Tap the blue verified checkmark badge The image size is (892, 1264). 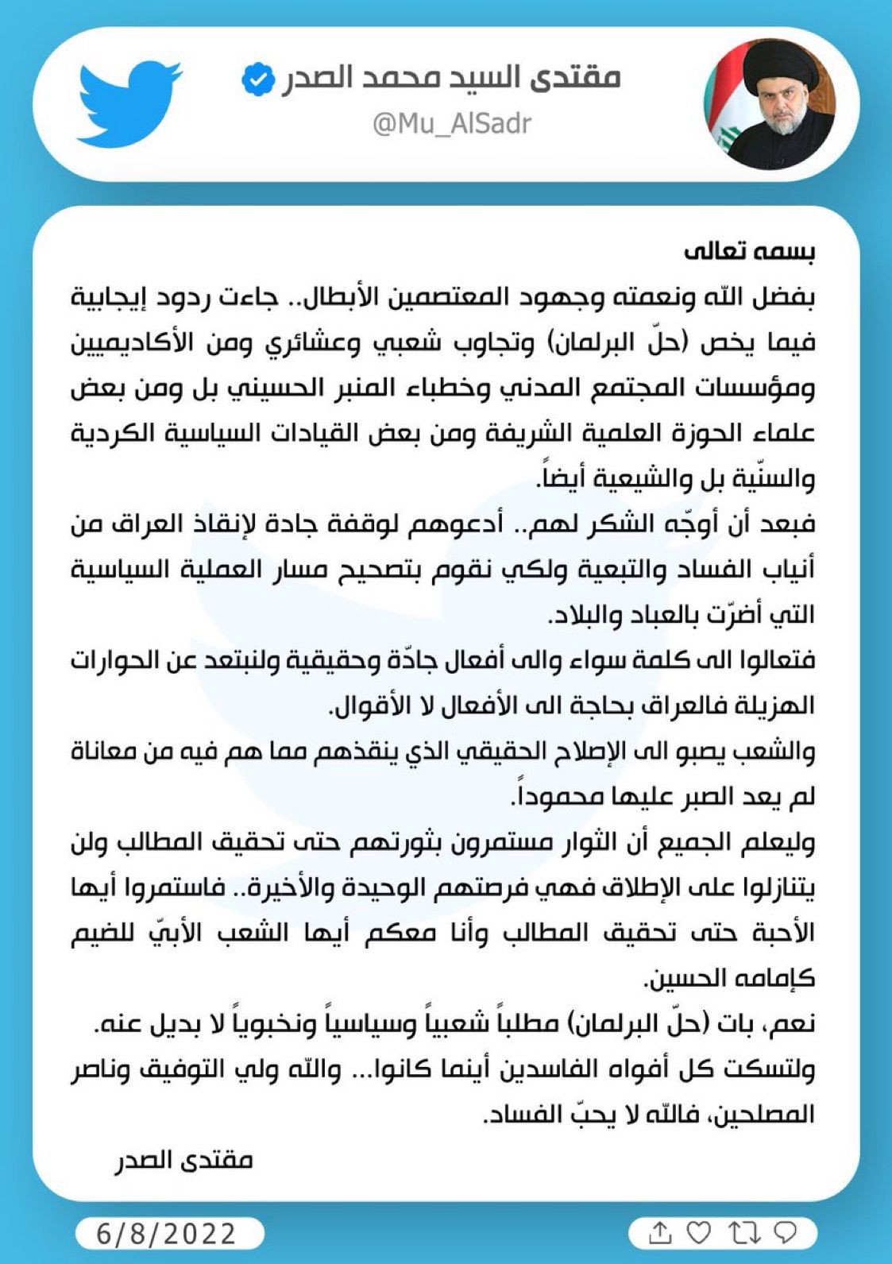[257, 79]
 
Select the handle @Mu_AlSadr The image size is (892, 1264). [451, 123]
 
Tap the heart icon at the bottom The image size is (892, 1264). [698, 1233]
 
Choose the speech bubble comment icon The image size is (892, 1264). [785, 1233]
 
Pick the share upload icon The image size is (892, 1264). [659, 1233]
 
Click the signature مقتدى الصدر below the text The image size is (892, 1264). [183, 1159]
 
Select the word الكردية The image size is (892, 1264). [114, 434]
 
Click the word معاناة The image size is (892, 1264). [111, 752]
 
